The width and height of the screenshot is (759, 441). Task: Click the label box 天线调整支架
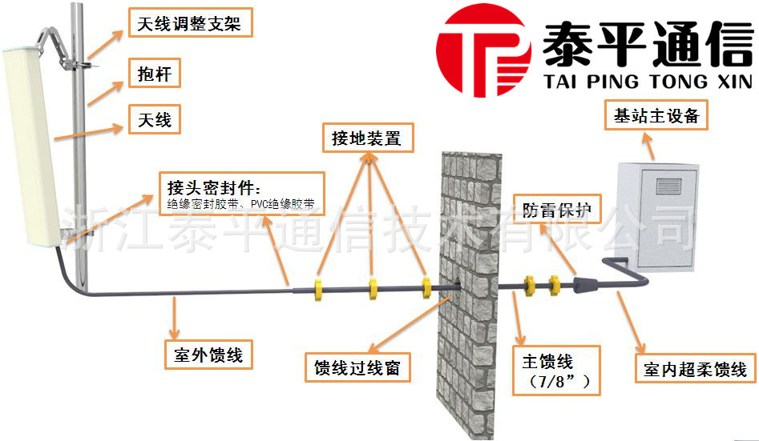pyautogui.click(x=190, y=22)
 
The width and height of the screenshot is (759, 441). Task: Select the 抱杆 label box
pyautogui.click(x=155, y=73)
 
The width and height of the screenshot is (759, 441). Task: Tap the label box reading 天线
pyautogui.click(x=155, y=119)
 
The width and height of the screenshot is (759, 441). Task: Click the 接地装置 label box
pyautogui.click(x=368, y=138)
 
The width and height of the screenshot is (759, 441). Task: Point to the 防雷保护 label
pyautogui.click(x=557, y=209)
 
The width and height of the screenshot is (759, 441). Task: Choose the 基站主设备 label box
pyautogui.click(x=656, y=115)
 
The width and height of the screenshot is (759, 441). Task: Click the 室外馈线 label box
pyautogui.click(x=208, y=355)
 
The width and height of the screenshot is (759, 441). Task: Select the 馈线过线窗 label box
pyautogui.click(x=357, y=367)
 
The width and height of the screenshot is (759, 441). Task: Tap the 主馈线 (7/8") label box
pyautogui.click(x=557, y=371)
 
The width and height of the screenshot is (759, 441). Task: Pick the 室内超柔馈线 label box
pyautogui.click(x=696, y=369)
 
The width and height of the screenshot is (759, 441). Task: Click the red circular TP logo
pyautogui.click(x=483, y=50)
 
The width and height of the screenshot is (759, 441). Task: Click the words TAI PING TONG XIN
pyautogui.click(x=648, y=82)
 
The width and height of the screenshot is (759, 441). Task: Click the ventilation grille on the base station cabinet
pyautogui.click(x=668, y=186)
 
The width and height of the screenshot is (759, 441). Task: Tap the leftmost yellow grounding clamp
pyautogui.click(x=318, y=289)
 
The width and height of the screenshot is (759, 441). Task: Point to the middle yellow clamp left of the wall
pyautogui.click(x=373, y=289)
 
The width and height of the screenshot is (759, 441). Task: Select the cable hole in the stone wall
pyautogui.click(x=457, y=283)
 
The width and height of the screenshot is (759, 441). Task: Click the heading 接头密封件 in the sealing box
pyautogui.click(x=213, y=187)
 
